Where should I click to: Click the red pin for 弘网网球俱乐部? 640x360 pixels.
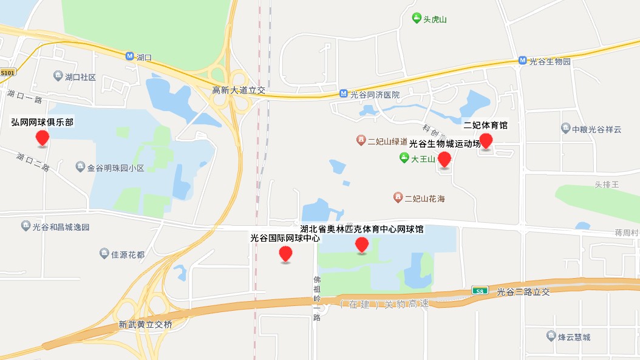point(42,138)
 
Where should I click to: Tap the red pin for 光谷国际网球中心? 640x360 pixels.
point(285,254)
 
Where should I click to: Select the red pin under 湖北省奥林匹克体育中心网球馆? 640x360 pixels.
point(362,245)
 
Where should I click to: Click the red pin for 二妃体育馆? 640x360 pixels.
point(486,141)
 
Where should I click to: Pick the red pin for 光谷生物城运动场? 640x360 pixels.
point(444,160)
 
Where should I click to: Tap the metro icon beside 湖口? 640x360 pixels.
point(129,56)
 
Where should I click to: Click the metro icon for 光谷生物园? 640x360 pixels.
point(522,61)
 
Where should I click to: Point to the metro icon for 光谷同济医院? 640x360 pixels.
point(343,95)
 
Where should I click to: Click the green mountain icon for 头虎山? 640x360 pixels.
point(417,19)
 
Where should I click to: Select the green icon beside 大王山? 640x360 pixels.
point(404,159)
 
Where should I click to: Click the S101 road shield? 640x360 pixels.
point(7,72)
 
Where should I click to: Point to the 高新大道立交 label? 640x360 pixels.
point(239,90)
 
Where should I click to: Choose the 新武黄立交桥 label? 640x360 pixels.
point(145,325)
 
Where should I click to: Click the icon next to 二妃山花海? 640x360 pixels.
point(398,198)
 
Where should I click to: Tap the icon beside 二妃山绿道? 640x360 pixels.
point(361,141)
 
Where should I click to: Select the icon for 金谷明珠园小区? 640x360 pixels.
point(80,167)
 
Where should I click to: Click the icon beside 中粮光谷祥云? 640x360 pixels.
point(566,129)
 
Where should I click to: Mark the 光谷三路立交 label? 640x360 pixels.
point(523,292)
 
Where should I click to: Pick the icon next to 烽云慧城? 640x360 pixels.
point(551,336)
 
